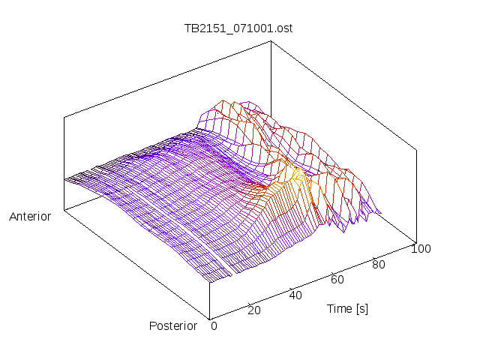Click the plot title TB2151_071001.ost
pyautogui.click(x=239, y=28)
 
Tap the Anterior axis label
pyautogui.click(x=30, y=217)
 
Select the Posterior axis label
pyautogui.click(x=173, y=325)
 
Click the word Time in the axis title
pyautogui.click(x=339, y=308)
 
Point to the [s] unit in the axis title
pyautogui.click(x=361, y=308)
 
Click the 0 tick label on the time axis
pyautogui.click(x=214, y=325)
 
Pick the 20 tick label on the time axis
pyautogui.click(x=254, y=310)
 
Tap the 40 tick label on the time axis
pyautogui.click(x=295, y=295)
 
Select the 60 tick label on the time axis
pyautogui.click(x=337, y=279)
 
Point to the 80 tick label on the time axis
pyautogui.click(x=379, y=263)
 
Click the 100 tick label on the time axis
pyautogui.click(x=420, y=248)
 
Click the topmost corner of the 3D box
pyautogui.click(x=271, y=41)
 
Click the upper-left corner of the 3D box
pyautogui.click(x=64, y=117)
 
